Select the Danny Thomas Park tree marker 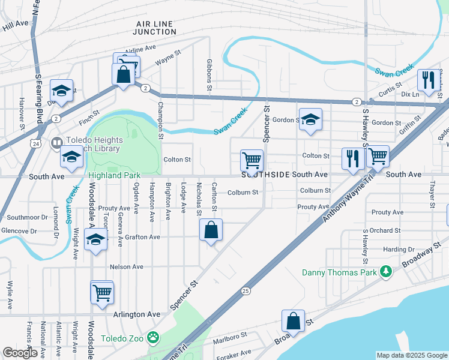tap(387, 273)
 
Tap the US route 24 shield tap(37, 144)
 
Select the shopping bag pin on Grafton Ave tap(211, 230)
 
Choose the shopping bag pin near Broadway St tap(293, 322)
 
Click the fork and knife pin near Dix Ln tap(427, 80)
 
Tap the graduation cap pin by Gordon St tap(310, 119)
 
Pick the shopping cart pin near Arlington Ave tap(102, 293)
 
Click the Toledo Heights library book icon tap(56, 143)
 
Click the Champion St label tap(160, 120)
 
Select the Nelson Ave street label tap(126, 266)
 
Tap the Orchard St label tap(385, 230)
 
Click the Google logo tap(20, 353)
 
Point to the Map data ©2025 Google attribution tap(411, 355)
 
